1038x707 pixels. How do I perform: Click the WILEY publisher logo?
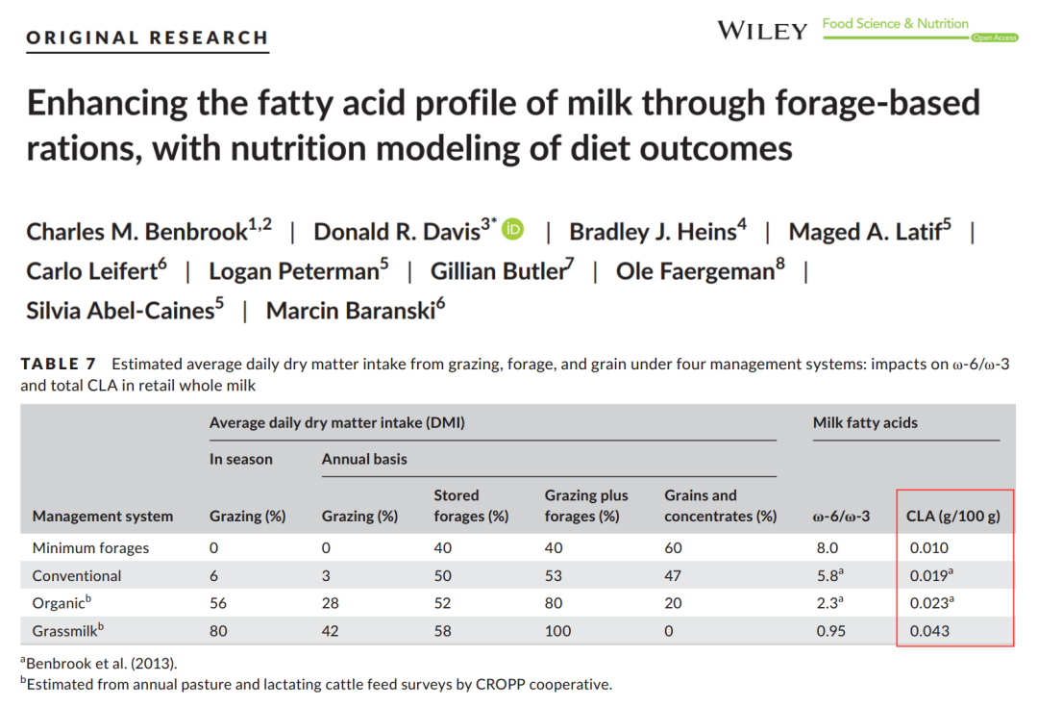[762, 31]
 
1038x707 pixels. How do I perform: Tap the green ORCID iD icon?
[512, 229]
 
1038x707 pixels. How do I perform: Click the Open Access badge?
[995, 38]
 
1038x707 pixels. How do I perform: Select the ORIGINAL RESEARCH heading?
[148, 38]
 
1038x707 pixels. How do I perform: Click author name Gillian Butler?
[501, 271]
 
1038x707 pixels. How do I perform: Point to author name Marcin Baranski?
[355, 310]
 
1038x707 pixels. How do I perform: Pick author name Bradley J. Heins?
[656, 231]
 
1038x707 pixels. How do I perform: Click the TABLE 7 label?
[59, 364]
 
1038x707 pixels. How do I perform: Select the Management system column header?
[103, 517]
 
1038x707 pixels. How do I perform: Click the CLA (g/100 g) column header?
[953, 517]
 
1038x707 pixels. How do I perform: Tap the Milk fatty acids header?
[865, 422]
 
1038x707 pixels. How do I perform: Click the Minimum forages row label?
[90, 548]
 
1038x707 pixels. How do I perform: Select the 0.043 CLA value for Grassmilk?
[929, 631]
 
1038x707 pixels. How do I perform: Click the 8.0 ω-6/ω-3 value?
[828, 548]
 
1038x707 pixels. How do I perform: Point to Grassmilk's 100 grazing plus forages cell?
[557, 631]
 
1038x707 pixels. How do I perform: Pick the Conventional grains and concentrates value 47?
[673, 576]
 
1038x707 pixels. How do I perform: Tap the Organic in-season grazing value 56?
[218, 603]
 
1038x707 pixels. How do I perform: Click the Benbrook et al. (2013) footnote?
[99, 664]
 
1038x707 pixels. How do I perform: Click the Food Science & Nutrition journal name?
[895, 24]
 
